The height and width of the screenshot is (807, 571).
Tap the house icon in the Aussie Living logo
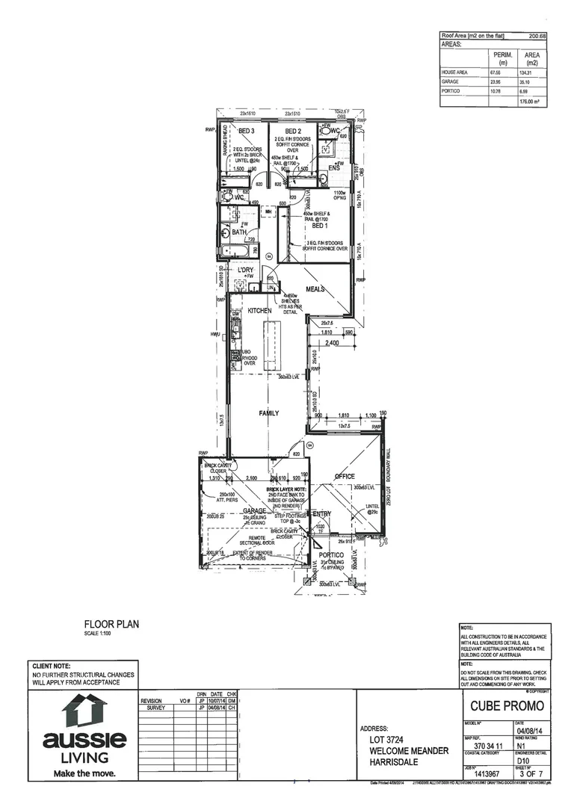pos(84,710)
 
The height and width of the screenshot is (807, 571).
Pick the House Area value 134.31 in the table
pos(532,72)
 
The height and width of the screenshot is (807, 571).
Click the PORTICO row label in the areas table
pos(451,91)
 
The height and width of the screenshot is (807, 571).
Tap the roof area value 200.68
pos(537,35)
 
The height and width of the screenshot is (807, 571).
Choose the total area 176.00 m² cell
pos(531,101)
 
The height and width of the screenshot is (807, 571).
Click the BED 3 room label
pos(247,131)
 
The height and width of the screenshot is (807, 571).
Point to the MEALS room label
pos(314,289)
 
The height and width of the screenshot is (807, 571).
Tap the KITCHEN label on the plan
pos(259,309)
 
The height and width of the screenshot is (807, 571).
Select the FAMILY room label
pos(269,412)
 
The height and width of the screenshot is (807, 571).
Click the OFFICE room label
pos(344,476)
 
